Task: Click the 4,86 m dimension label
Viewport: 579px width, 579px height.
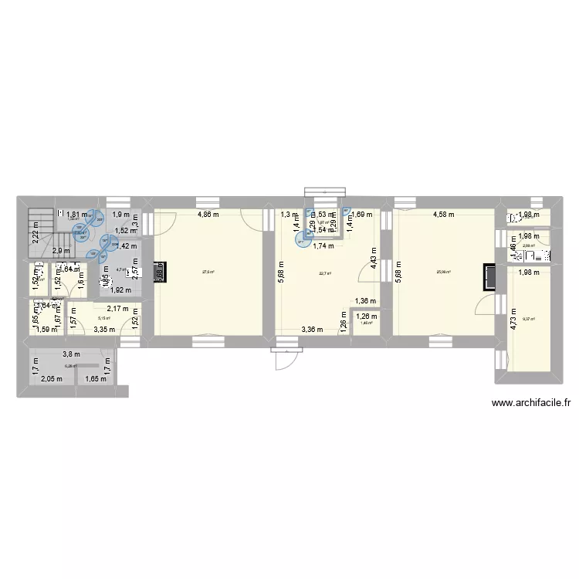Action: [208, 215]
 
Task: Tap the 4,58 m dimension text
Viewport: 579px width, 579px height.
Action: [443, 215]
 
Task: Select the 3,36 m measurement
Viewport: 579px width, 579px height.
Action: [311, 330]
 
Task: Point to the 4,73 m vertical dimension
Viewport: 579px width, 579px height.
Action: [513, 318]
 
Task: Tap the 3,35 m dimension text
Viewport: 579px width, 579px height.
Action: [105, 330]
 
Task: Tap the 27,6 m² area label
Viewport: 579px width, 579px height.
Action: [207, 272]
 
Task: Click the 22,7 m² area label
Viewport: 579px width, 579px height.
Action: [324, 272]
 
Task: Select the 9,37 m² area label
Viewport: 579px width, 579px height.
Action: [529, 318]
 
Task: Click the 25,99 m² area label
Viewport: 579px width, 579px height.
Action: [443, 272]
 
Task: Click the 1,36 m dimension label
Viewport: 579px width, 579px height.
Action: [365, 301]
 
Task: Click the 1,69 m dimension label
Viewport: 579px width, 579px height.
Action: [362, 215]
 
